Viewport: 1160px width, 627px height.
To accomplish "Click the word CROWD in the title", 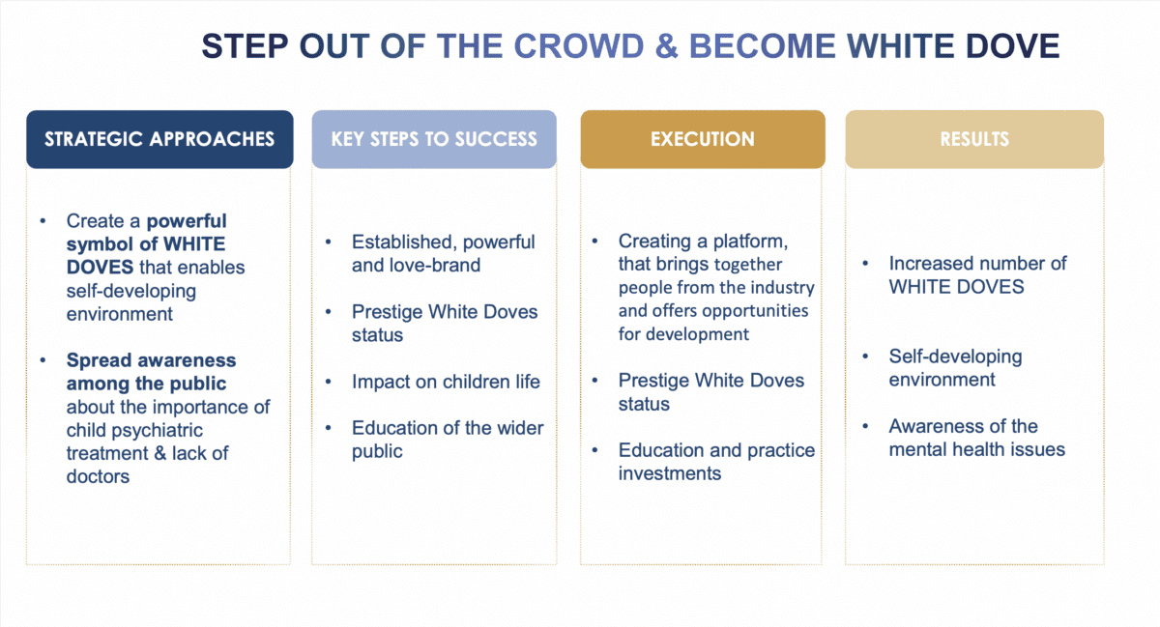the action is point(578,46).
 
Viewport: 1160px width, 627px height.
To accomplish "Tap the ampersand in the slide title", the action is point(666,46).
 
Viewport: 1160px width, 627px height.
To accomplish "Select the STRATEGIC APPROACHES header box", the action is point(159,139).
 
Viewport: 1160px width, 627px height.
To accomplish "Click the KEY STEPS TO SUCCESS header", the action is point(434,139).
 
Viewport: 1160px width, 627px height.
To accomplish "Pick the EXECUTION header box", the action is point(703,139).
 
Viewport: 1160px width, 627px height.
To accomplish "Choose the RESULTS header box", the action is point(974,139).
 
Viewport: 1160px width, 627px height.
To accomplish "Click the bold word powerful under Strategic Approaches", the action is point(187,221).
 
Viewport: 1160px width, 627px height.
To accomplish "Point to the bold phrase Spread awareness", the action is point(151,360).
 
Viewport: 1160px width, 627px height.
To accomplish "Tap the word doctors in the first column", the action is point(98,476).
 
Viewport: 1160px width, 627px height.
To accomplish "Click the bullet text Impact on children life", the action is point(446,383).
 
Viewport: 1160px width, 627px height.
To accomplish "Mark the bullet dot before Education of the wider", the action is point(329,428).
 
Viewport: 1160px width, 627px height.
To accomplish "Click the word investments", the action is point(670,473).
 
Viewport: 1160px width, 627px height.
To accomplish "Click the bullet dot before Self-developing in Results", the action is point(865,356).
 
